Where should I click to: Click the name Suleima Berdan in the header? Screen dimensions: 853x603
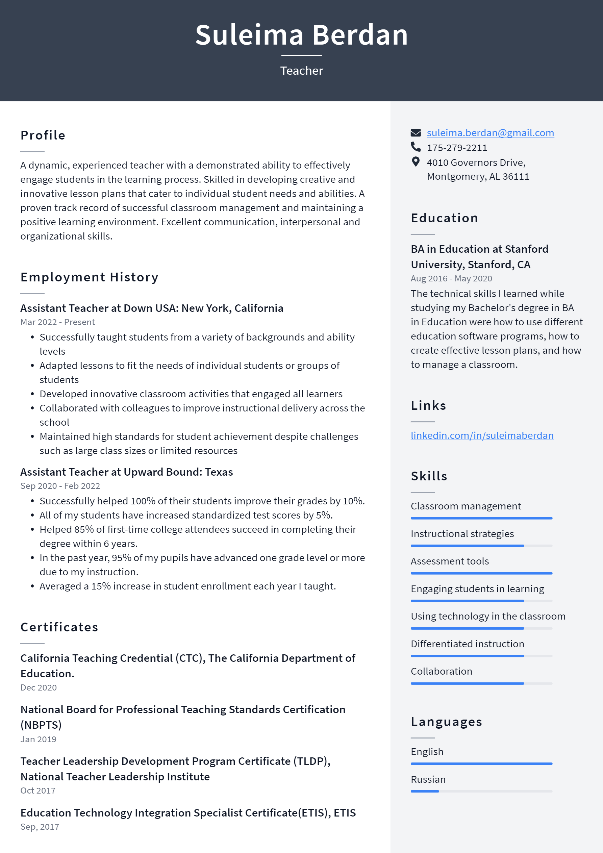click(x=301, y=35)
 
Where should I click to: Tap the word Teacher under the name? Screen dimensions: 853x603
click(x=301, y=71)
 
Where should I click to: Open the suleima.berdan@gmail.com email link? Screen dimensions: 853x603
click(x=490, y=133)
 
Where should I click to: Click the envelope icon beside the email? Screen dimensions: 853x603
click(x=416, y=133)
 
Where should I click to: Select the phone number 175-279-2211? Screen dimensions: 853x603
click(x=457, y=148)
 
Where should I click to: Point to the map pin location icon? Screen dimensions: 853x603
click(x=416, y=161)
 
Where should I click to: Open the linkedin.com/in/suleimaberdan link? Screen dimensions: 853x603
click(x=482, y=435)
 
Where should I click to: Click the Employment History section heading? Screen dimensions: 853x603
click(x=89, y=277)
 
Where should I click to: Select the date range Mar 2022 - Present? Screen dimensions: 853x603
click(x=57, y=322)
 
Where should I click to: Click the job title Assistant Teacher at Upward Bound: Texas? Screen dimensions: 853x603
click(x=126, y=472)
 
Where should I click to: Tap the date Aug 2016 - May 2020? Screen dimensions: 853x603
click(x=451, y=279)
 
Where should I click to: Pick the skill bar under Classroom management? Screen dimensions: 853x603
click(x=481, y=518)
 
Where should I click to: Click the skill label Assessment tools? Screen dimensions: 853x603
click(x=450, y=561)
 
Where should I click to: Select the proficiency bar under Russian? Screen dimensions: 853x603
click(x=481, y=791)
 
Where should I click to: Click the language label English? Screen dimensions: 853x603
click(x=427, y=752)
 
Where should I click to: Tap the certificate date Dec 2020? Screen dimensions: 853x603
click(x=39, y=688)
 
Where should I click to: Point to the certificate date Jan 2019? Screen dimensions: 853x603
click(x=38, y=739)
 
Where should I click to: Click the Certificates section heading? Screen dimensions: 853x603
click(x=59, y=627)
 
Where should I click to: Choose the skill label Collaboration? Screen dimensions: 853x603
click(x=442, y=671)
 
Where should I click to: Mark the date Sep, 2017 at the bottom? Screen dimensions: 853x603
click(x=40, y=827)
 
